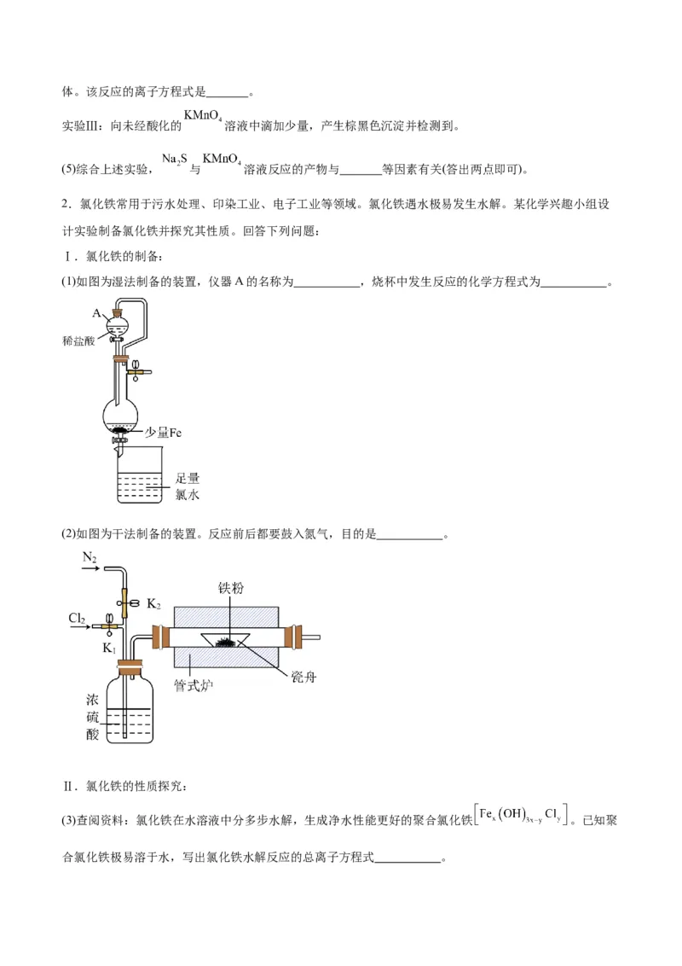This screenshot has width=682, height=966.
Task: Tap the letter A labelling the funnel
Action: [x=96, y=312]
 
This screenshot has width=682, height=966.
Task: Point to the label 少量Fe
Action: [x=163, y=433]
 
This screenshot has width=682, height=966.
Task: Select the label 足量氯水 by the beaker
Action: [x=187, y=486]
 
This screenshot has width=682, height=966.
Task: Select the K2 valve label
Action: [x=153, y=604]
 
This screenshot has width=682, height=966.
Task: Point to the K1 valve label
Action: [x=109, y=648]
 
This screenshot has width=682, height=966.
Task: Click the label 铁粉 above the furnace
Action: [x=231, y=588]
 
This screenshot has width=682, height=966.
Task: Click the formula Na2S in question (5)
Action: [x=175, y=160]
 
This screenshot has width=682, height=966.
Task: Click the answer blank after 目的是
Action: [x=409, y=535]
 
